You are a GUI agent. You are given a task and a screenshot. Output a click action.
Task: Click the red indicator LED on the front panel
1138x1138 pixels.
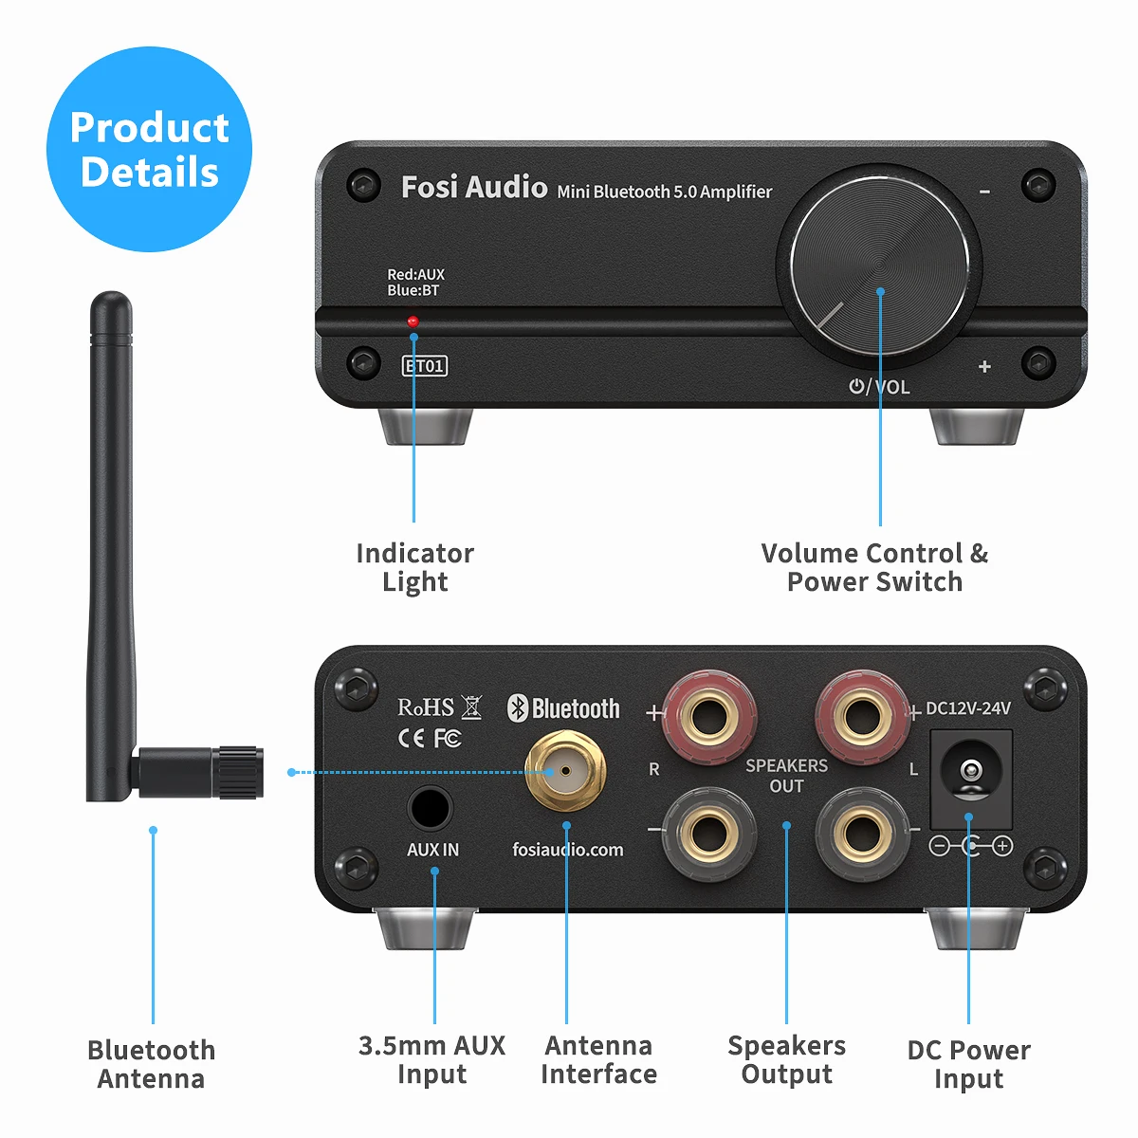(x=413, y=321)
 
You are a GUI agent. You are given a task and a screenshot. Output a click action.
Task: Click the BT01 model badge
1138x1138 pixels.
(x=425, y=366)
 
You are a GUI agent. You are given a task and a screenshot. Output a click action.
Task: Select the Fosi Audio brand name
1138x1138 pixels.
(x=474, y=187)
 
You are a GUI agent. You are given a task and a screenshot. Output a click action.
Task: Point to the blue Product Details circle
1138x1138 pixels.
(x=149, y=150)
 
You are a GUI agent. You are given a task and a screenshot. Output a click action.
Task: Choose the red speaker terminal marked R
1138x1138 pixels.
(x=708, y=714)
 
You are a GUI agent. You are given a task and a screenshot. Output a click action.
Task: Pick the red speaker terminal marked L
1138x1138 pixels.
(x=862, y=714)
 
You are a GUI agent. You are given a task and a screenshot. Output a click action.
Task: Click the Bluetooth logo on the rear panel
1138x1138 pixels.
(x=563, y=708)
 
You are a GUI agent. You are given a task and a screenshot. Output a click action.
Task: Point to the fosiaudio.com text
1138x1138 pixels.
(x=568, y=850)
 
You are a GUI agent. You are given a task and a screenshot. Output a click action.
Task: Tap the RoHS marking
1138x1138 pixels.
(x=426, y=707)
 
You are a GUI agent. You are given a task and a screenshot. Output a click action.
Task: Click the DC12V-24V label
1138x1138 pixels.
(x=968, y=708)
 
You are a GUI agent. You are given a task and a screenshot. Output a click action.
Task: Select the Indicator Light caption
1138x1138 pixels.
(x=414, y=567)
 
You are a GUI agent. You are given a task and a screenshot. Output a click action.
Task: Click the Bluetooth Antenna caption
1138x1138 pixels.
(x=151, y=1064)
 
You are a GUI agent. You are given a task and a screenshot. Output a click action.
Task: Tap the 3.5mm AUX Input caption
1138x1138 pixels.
(x=431, y=1059)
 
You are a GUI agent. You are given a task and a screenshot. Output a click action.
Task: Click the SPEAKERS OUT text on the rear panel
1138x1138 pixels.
(x=786, y=776)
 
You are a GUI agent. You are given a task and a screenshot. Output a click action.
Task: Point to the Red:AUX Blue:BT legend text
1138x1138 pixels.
(x=415, y=283)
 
